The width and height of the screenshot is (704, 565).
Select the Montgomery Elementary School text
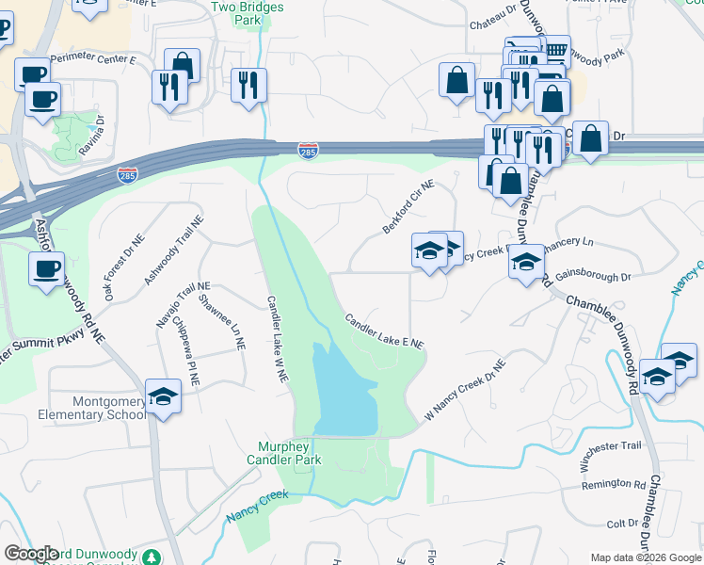pyautogui.click(x=91, y=407)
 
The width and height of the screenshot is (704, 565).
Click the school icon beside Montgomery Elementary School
pyautogui.click(x=163, y=396)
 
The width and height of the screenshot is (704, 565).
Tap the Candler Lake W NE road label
pyautogui.click(x=277, y=340)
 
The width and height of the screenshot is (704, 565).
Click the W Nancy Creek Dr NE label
pyautogui.click(x=465, y=389)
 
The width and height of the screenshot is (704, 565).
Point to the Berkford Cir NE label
pyautogui.click(x=408, y=209)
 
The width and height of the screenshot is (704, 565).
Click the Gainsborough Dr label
pyautogui.click(x=593, y=277)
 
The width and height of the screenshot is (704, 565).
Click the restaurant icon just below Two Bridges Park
pyautogui.click(x=248, y=86)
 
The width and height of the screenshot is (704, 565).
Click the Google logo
pyautogui.click(x=32, y=553)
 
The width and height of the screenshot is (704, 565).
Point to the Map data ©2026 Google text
pyautogui.click(x=645, y=557)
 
